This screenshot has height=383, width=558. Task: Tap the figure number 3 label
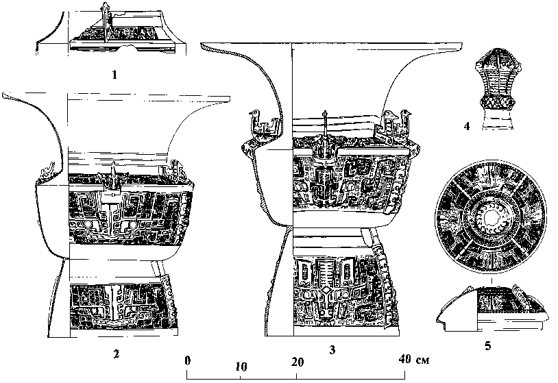coord(332,350)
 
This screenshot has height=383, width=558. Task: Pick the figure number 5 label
coord(487,346)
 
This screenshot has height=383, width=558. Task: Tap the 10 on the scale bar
coord(241,367)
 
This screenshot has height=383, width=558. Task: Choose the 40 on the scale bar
coord(404,359)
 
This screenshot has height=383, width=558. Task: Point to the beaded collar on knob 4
coord(496,103)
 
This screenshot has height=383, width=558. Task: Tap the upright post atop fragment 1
coord(105,21)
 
